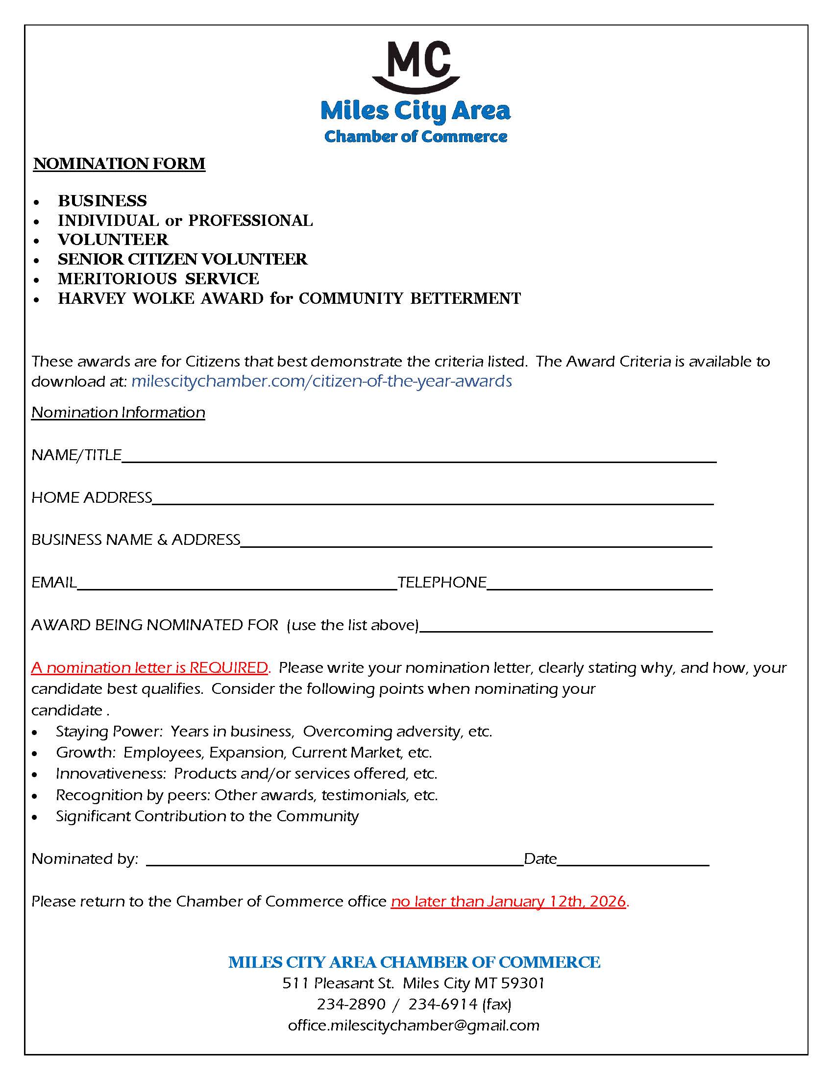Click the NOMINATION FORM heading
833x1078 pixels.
[x=119, y=163]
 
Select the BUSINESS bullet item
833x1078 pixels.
[x=102, y=201]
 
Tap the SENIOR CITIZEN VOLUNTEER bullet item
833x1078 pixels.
[x=183, y=259]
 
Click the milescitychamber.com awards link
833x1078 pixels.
[x=322, y=381]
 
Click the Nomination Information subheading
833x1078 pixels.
[x=118, y=412]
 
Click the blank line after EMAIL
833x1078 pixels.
[x=237, y=586]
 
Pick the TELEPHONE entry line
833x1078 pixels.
[x=599, y=586]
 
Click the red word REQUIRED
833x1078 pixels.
[x=228, y=668]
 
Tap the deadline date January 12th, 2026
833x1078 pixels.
[x=556, y=902]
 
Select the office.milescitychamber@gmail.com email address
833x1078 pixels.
[x=414, y=1026]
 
